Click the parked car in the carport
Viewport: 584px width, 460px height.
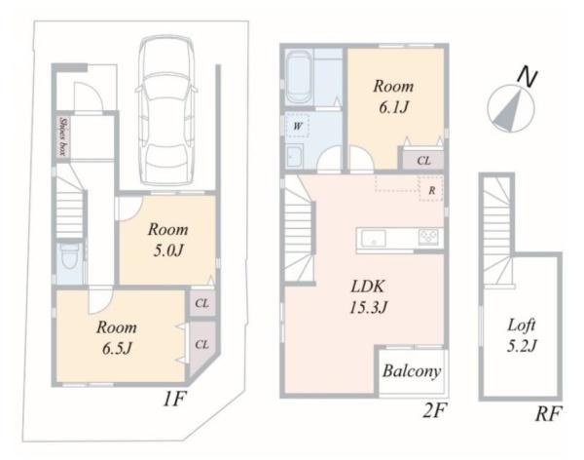pos(166,110)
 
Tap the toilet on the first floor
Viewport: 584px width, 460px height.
pos(69,256)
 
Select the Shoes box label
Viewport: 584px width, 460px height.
pos(63,136)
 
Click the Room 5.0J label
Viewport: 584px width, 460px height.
pos(168,240)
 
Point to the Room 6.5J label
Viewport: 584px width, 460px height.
pos(117,337)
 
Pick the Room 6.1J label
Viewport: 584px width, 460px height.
pos(393,96)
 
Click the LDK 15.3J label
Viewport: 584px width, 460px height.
pos(368,297)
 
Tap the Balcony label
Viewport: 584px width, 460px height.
pos(412,371)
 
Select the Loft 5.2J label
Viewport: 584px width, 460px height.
pos(522,335)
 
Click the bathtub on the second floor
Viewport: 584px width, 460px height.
pos(300,78)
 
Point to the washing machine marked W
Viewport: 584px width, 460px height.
pos(297,126)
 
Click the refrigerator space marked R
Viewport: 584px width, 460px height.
pos(431,189)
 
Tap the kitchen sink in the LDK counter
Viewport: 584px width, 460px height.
pos(374,239)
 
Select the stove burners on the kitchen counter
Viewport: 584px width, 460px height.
pos(428,237)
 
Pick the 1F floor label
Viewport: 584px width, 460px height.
pos(174,400)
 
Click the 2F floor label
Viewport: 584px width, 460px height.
pos(434,410)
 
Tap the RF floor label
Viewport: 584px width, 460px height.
pos(548,413)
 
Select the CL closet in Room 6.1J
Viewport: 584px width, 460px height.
pos(423,161)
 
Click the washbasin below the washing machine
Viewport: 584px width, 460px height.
pos(295,156)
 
